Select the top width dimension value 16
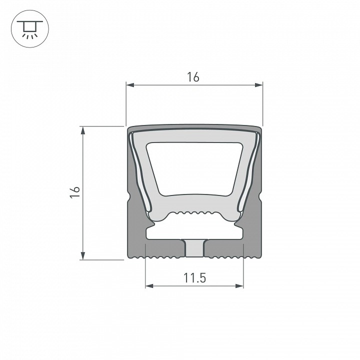(x=193, y=77)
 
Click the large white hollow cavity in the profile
(x=195, y=168)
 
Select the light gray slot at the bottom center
(x=194, y=248)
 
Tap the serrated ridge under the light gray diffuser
(x=194, y=214)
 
